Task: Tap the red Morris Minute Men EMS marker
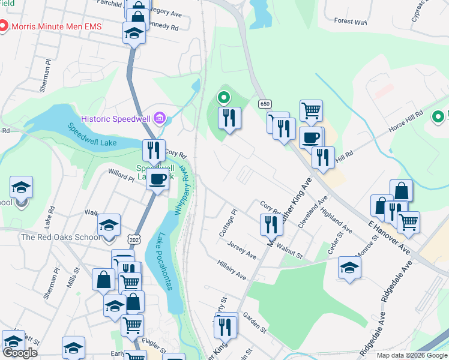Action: [x=3, y=27]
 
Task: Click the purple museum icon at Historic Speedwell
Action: [x=159, y=118]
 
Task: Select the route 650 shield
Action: [x=265, y=104]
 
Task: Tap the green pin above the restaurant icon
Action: [x=223, y=97]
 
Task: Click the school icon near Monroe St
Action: [x=349, y=268]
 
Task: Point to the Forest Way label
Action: [x=351, y=22]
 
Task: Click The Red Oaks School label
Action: [x=60, y=237]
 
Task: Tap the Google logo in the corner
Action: [x=20, y=353]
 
